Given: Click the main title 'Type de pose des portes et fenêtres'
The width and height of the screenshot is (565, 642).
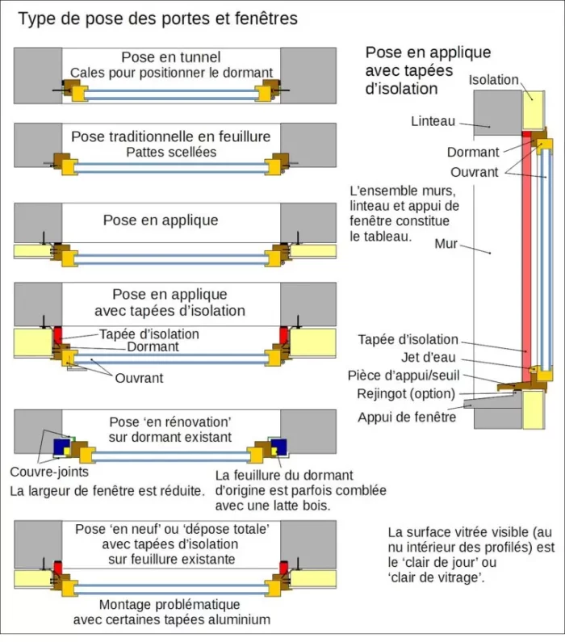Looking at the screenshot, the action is click(158, 19).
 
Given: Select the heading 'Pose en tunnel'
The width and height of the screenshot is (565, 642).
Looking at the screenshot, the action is click(171, 57).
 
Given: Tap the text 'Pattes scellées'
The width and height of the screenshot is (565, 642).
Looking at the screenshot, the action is click(171, 152).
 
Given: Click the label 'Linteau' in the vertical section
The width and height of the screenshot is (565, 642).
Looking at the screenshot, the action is click(433, 121).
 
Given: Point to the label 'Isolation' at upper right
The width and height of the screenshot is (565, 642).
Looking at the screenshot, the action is click(493, 80).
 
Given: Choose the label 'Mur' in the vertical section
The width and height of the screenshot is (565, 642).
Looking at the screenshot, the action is click(446, 244).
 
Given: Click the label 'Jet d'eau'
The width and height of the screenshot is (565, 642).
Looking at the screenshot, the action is click(429, 358).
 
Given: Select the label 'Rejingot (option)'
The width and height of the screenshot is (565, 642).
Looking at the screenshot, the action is click(406, 394).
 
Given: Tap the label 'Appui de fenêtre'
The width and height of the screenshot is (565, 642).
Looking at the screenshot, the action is click(407, 418).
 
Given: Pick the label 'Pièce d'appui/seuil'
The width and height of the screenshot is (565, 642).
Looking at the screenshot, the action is click(404, 376).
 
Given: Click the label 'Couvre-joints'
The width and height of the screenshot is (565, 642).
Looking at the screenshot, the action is click(49, 472).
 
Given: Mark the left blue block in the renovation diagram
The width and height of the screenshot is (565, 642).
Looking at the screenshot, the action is click(62, 447).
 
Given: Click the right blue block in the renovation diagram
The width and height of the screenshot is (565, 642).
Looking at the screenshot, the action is click(278, 447).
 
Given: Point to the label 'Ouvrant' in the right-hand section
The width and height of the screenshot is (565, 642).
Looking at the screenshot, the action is click(474, 172).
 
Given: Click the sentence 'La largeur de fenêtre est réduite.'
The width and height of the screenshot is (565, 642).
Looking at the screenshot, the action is click(107, 490).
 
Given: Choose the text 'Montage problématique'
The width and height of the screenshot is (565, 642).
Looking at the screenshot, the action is click(169, 604).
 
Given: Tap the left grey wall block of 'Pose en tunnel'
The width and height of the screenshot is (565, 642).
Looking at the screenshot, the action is click(38, 75).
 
